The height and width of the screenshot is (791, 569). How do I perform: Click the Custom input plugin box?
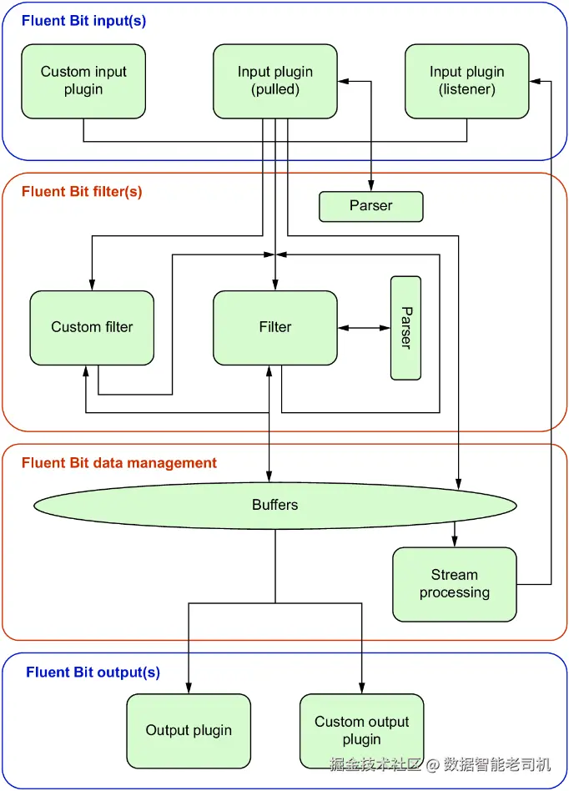point(83,81)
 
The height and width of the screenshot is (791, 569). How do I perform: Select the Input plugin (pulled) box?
point(275,81)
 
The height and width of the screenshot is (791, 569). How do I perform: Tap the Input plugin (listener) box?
point(467,81)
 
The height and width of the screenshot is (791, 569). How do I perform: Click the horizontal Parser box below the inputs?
point(370,206)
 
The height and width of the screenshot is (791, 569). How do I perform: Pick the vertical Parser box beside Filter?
point(405,328)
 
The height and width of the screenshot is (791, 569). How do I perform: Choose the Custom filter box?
point(92,327)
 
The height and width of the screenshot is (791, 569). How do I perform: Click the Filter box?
point(275,327)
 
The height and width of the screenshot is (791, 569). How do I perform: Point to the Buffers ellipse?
point(275,505)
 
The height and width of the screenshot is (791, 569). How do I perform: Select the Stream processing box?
point(455,584)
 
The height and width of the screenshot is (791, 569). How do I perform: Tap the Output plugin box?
point(189,731)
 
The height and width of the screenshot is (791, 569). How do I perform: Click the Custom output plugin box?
point(362,731)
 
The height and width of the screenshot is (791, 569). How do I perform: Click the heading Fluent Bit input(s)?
point(83,21)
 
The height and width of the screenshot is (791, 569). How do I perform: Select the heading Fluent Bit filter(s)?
point(82,192)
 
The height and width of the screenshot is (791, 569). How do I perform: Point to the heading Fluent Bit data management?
point(119,463)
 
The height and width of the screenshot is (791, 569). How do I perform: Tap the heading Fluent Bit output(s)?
point(93,673)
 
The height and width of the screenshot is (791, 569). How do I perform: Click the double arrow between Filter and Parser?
point(364,328)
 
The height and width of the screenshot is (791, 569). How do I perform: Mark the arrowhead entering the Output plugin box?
point(189,689)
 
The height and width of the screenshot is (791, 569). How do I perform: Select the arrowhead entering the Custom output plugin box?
point(362,689)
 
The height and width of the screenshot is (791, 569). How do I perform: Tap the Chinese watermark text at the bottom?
point(440,763)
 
